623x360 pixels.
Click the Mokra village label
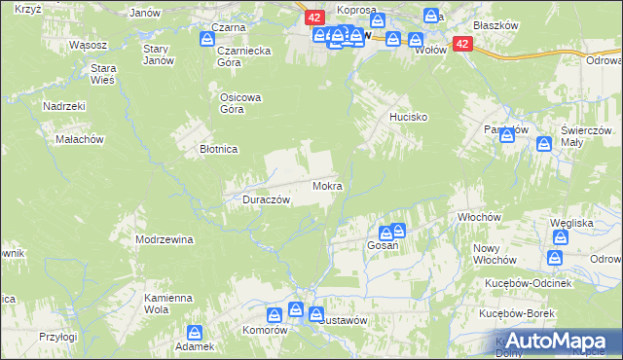326,185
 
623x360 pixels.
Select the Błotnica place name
219,149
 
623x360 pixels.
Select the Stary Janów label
157,54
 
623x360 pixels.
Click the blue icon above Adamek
195,331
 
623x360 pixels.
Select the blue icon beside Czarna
206,39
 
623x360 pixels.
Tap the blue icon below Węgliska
555,258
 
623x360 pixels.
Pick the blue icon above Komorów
275,313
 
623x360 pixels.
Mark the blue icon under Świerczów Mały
544,145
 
